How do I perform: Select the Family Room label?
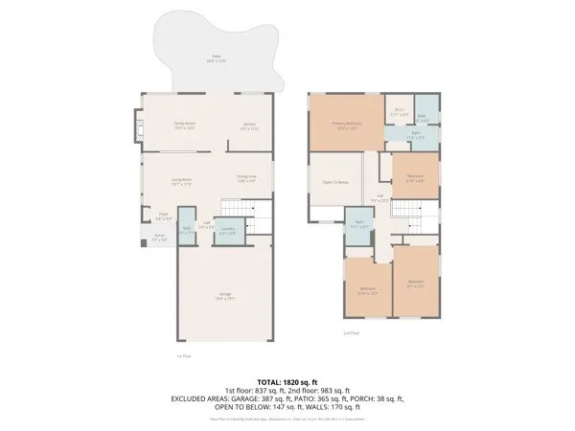[184, 125]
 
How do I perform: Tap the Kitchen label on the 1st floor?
[248, 125]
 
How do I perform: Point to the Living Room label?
[181, 181]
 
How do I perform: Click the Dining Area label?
[246, 177]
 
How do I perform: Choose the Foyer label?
[165, 216]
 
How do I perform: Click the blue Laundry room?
[227, 230]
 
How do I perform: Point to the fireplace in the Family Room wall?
[136, 125]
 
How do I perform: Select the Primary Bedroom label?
[346, 125]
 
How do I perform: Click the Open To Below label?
[334, 182]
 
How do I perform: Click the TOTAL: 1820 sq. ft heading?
[287, 380]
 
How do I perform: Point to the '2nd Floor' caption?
[351, 332]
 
